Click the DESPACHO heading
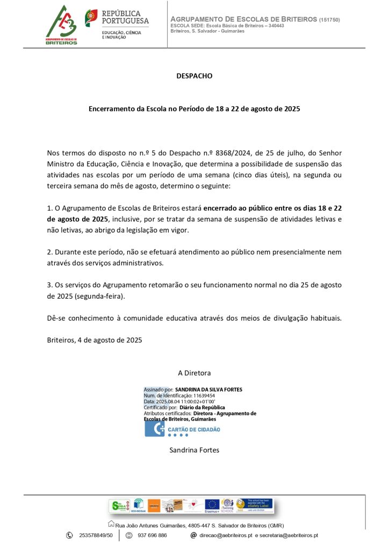tap(195, 76)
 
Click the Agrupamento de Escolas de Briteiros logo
tap(61, 25)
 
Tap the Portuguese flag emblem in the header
tap(91, 18)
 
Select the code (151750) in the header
tap(329, 20)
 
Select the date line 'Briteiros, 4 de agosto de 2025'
tap(95, 340)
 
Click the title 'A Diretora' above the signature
tap(195, 373)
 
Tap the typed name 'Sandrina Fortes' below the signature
tap(195, 450)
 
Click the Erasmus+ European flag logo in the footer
tap(212, 505)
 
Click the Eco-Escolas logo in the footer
tap(139, 505)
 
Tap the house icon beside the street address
tap(111, 524)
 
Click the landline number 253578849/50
tap(96, 535)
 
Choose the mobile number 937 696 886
tap(152, 535)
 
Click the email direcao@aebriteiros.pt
tap(226, 535)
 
